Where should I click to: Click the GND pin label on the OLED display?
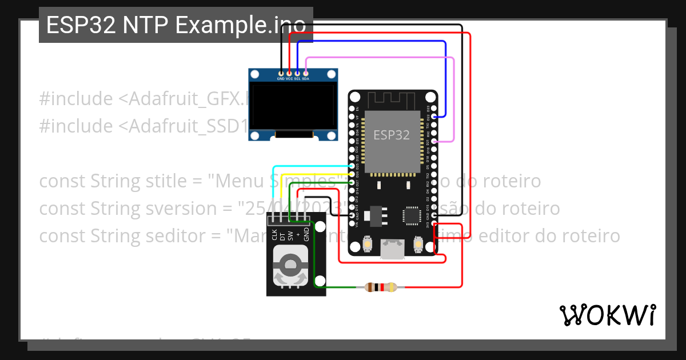pyautogui.click(x=281, y=79)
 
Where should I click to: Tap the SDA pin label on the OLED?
pyautogui.click(x=306, y=79)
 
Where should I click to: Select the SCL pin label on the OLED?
pyautogui.click(x=297, y=79)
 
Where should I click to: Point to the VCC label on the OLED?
pyautogui.click(x=289, y=79)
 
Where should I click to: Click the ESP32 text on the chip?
pyautogui.click(x=392, y=135)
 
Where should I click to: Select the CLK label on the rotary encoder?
pyautogui.click(x=274, y=235)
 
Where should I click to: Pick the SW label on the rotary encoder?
pyautogui.click(x=290, y=235)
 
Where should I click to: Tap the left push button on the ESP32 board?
pyautogui.click(x=366, y=245)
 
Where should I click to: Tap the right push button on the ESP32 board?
pyautogui.click(x=418, y=245)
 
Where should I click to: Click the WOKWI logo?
pyautogui.click(x=607, y=315)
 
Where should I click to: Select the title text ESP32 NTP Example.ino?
pyautogui.click(x=176, y=25)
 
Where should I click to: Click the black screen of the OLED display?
pyautogui.click(x=293, y=108)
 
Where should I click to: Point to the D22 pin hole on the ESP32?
pyautogui.click(x=435, y=117)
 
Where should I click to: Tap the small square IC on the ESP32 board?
pyautogui.click(x=411, y=215)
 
